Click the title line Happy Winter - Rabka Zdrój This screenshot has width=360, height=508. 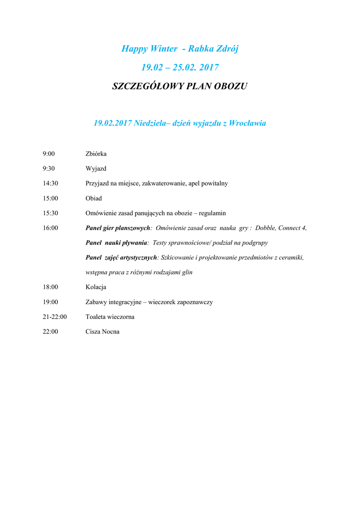(180, 49)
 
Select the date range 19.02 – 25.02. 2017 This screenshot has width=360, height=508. (180, 67)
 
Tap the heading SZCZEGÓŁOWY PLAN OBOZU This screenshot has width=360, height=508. (180, 86)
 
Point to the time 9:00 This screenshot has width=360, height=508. (49, 154)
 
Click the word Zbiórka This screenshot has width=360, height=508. (96, 154)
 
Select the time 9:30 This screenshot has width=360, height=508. (49, 169)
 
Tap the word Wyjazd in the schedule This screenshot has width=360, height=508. (96, 169)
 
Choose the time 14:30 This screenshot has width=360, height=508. (50, 184)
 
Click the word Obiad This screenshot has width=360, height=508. (93, 198)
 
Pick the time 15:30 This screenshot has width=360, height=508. (50, 213)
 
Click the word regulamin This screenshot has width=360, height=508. (212, 213)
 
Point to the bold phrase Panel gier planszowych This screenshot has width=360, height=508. (118, 228)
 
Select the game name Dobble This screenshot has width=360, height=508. (265, 228)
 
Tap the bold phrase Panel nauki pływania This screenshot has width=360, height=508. (116, 243)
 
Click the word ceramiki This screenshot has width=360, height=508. (291, 258)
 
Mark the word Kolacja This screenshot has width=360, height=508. (96, 287)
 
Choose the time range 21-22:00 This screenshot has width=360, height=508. (55, 317)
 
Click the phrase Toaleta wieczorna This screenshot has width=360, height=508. (110, 317)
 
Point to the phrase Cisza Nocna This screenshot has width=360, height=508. (102, 332)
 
